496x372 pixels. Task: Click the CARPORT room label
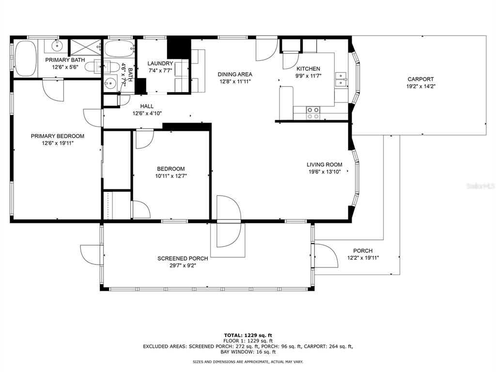tap(420, 79)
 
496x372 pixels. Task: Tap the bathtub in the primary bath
tap(26, 58)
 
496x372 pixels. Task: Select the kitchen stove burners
tap(313, 113)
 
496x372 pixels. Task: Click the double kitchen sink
tap(341, 79)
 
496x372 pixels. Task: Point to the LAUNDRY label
tap(160, 63)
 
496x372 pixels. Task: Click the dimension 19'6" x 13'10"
tap(325, 172)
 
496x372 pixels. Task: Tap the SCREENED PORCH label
tap(183, 259)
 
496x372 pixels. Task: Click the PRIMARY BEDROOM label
tap(58, 136)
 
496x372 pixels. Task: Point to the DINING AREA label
tap(235, 74)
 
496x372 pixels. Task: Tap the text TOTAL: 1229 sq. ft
tap(248, 335)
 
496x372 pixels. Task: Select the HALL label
tap(147, 106)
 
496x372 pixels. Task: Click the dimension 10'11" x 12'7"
tap(171, 176)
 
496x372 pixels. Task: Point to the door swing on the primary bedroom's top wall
tap(53, 90)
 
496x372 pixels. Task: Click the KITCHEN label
tap(308, 69)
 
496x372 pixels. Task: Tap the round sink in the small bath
tap(110, 84)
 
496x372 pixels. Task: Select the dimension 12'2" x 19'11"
tap(363, 258)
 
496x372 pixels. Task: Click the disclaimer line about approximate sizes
tap(248, 361)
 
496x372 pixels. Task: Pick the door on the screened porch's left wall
tap(91, 256)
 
